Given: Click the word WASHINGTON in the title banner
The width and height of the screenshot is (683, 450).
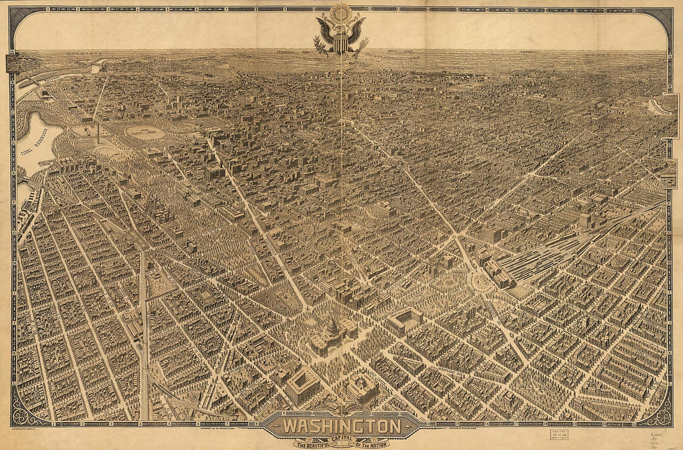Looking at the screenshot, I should pyautogui.click(x=341, y=426).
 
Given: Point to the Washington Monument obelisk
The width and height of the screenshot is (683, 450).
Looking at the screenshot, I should pyautogui.click(x=97, y=132).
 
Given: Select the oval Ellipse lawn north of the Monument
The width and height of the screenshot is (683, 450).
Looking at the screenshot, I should pyautogui.click(x=145, y=132).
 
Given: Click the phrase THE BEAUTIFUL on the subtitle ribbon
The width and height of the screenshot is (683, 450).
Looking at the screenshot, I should pyautogui.click(x=309, y=442).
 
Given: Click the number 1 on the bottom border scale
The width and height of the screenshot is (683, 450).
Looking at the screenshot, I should pyautogui.click(x=55, y=424).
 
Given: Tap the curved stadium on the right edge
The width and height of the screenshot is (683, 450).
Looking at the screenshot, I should pyautogui.click(x=660, y=107).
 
